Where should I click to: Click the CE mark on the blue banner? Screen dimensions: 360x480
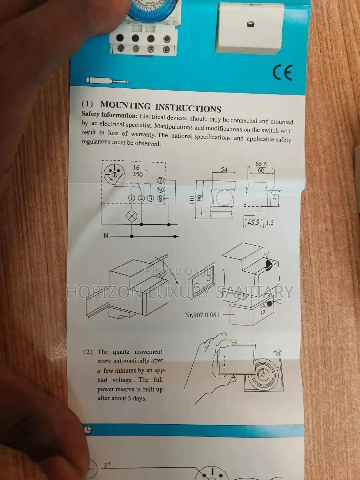point(283,73)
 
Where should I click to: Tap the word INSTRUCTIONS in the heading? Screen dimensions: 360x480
point(188,108)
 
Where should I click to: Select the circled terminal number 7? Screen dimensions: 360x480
point(161,180)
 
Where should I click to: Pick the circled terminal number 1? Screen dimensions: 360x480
point(132,198)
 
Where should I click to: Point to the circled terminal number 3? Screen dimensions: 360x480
point(151,198)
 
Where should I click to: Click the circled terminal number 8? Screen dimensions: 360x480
point(161,198)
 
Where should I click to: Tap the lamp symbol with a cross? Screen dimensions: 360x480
point(132,216)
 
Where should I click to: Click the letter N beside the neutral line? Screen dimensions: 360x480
point(106,236)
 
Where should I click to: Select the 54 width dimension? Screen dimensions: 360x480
point(224,170)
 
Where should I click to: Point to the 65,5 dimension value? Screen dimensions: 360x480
point(261,164)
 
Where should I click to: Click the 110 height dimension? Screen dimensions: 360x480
point(192,200)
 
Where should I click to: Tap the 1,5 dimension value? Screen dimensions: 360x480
point(270,223)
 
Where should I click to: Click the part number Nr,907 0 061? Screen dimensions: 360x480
point(202,315)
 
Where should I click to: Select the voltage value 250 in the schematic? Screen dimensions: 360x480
point(137,174)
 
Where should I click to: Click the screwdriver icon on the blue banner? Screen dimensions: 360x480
point(107,80)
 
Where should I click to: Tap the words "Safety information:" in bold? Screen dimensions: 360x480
point(109,114)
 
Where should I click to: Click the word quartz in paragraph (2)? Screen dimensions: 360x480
point(121,352)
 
